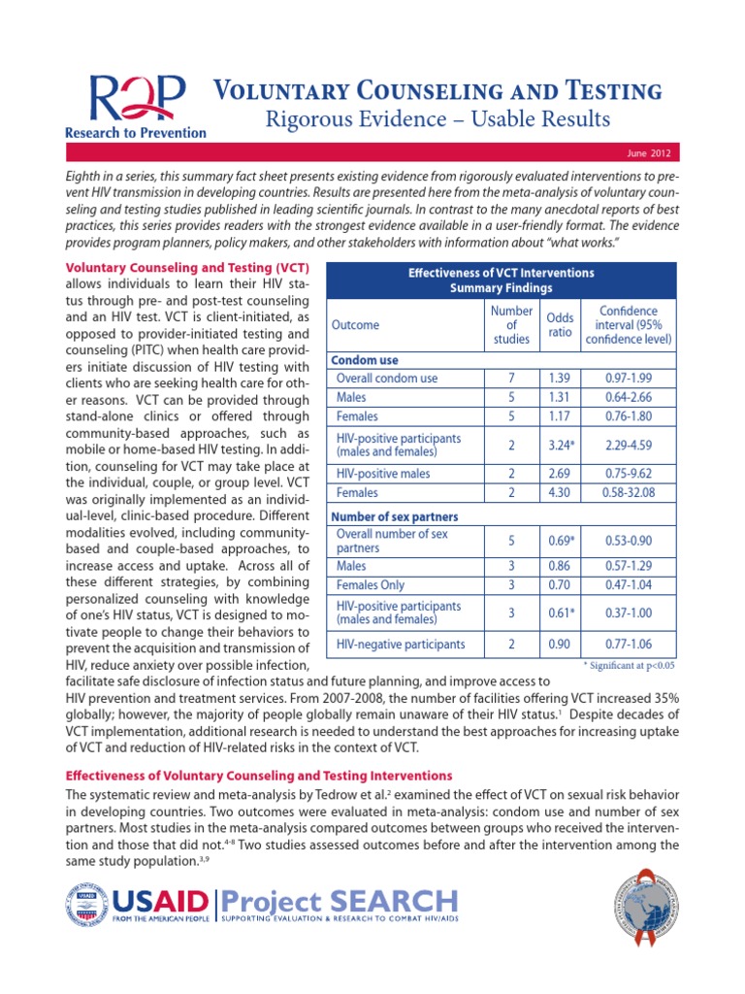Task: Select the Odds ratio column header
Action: tap(560, 325)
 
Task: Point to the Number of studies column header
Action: tap(510, 324)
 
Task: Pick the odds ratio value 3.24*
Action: tap(560, 445)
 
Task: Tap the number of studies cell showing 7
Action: tap(510, 378)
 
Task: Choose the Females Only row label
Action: tap(372, 585)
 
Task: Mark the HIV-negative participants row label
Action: tap(401, 644)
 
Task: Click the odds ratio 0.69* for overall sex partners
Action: tap(560, 540)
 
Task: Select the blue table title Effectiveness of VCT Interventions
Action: tap(501, 273)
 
